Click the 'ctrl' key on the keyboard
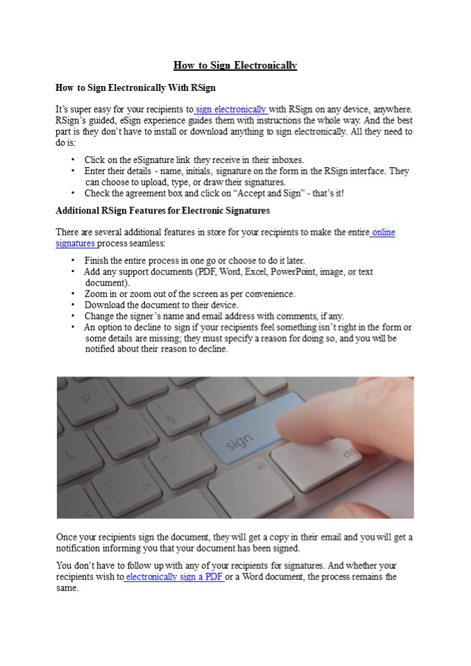347,454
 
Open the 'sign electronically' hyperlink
232,109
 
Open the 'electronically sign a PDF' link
174,577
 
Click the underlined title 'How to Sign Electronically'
235,66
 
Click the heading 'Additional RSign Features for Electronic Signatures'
162,210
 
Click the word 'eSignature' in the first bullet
150,160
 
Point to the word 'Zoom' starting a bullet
96,293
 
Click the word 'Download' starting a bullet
107,305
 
